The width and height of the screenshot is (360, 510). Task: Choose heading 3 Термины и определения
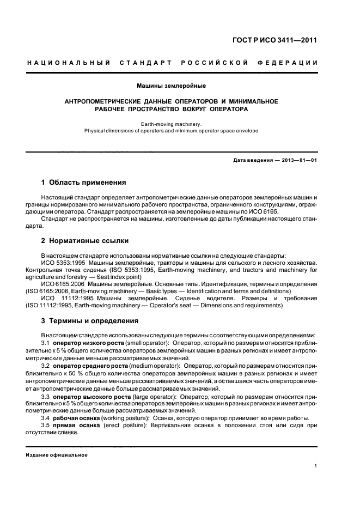pyautogui.click(x=90, y=320)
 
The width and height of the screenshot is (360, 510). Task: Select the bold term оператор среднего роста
pyautogui.click(x=90, y=366)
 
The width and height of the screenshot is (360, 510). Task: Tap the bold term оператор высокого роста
pyautogui.click(x=90, y=397)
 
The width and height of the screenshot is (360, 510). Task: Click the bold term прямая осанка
pyautogui.click(x=74, y=425)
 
